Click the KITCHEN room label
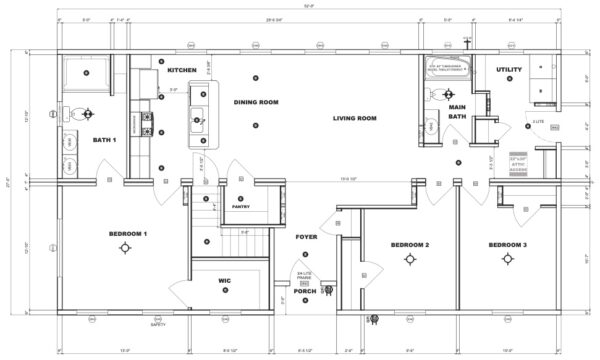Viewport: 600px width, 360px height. point(181,70)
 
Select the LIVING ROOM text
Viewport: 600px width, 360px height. point(354,118)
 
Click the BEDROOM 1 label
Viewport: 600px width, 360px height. point(128,233)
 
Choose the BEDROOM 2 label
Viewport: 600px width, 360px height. point(409,245)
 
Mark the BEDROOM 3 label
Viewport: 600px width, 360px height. point(507,245)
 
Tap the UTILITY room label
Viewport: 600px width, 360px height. point(509,69)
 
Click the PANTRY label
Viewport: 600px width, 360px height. point(240,206)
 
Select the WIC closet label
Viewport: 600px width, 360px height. point(224,282)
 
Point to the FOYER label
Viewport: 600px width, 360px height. point(306,237)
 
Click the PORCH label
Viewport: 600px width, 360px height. point(306,292)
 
